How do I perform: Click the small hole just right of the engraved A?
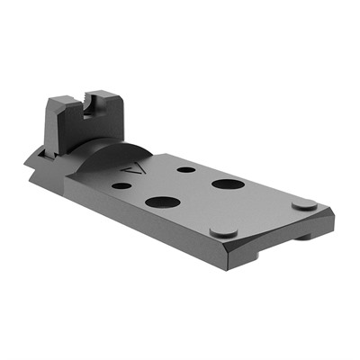tap(185, 169)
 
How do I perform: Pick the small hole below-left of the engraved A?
tap(121, 186)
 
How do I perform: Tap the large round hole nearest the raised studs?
tap(223, 184)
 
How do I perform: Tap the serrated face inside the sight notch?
tap(87, 108)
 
